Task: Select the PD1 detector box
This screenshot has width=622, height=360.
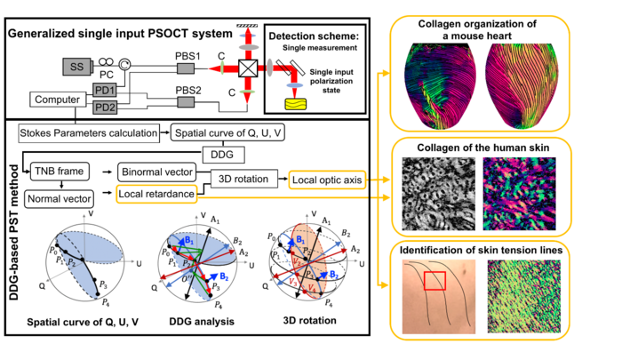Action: (104, 89)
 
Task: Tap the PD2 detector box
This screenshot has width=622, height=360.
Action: (104, 107)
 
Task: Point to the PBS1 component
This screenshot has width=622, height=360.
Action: (187, 67)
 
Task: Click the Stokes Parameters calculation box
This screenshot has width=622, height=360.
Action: (87, 132)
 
